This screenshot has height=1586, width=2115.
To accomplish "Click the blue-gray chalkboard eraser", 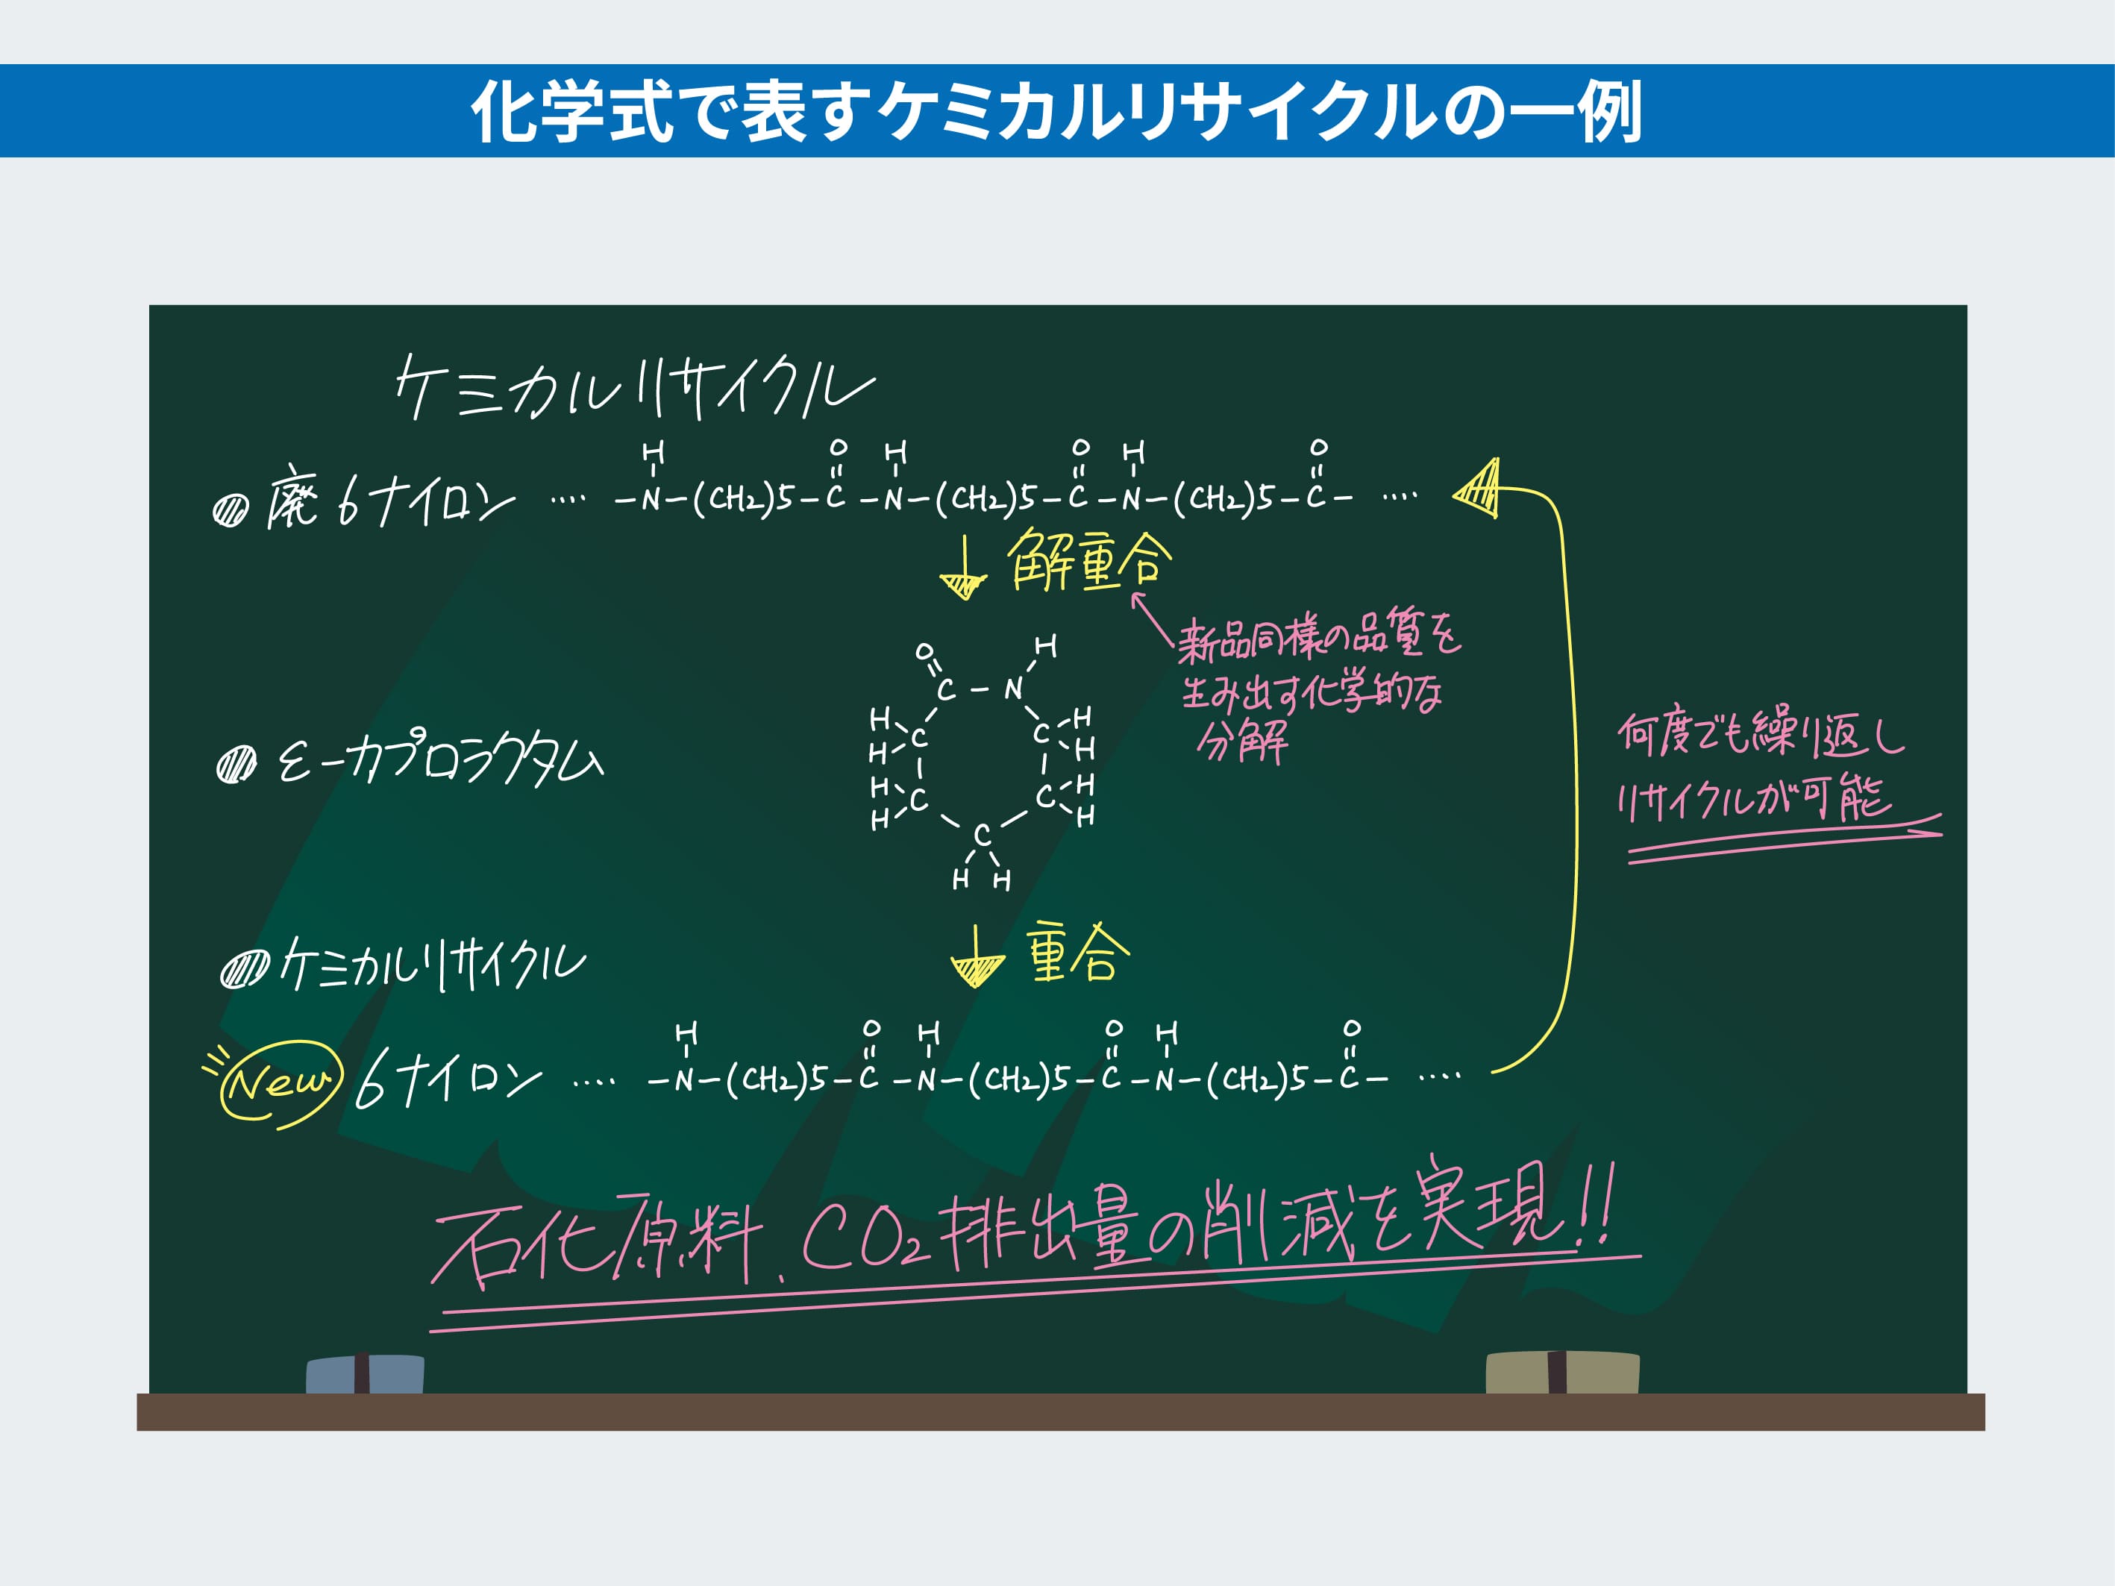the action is [364, 1374].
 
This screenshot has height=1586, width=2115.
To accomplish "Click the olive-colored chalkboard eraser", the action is [1561, 1373].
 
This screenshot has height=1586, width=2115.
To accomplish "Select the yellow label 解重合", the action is [1088, 560].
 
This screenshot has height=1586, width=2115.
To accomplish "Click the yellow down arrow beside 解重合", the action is [964, 568].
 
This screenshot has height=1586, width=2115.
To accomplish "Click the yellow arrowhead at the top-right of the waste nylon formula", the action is [1477, 489].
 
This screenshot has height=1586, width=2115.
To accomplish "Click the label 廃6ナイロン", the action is [390, 497].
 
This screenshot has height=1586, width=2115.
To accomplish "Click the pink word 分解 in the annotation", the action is [1242, 741].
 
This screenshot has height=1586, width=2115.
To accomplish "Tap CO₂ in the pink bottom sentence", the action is [863, 1240].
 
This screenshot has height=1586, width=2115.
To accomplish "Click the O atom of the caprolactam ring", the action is [924, 651].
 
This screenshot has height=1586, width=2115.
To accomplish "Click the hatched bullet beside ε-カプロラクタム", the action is [236, 764].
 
